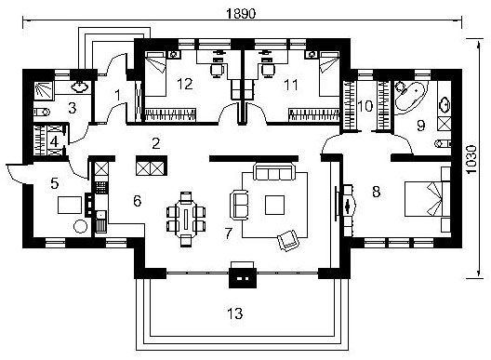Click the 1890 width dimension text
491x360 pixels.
coord(241,13)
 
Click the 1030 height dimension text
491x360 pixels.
coord(471,159)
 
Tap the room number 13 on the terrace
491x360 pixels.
coord(235,313)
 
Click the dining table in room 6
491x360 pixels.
coord(186,219)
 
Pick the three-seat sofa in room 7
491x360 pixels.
coord(274,172)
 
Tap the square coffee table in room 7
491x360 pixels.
coord(274,205)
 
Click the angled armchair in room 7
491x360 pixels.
coord(288,240)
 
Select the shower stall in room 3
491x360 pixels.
coord(44,91)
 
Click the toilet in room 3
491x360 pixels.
coord(42,112)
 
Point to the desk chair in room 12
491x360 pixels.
coord(218,70)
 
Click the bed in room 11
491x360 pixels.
coord(329,74)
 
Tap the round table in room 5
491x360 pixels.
coord(81,226)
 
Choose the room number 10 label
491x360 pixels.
coord(365,106)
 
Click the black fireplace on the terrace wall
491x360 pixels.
coord(243,274)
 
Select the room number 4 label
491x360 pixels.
coord(54,141)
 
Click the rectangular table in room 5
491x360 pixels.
coord(70,205)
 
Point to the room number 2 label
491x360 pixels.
coord(156,143)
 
